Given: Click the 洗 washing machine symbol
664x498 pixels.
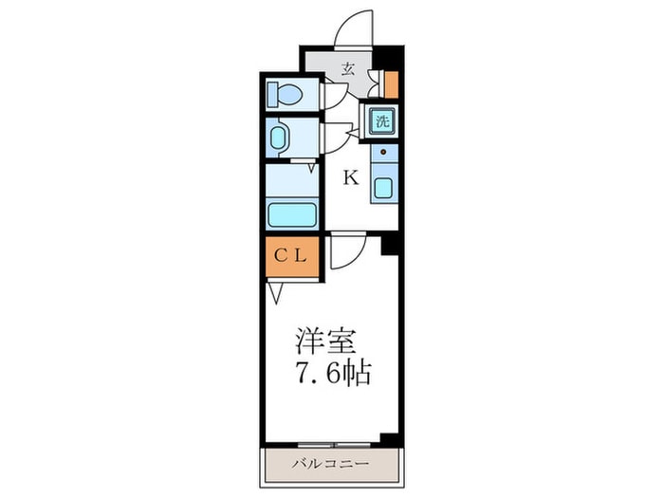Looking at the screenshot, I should click(381, 120).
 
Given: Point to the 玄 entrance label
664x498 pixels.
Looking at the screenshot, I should click(348, 68).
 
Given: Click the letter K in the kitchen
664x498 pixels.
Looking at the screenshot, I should click(350, 177).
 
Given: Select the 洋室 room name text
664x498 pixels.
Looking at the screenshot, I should click(318, 339).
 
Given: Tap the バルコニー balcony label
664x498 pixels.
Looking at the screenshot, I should click(329, 464).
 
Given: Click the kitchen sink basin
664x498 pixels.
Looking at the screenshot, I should click(382, 186).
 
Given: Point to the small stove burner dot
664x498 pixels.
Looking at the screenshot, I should click(383, 151).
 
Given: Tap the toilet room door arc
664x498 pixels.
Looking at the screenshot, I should click(336, 95).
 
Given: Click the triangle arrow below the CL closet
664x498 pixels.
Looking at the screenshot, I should click(273, 293).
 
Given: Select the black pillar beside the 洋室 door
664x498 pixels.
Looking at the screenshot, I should click(387, 245).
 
